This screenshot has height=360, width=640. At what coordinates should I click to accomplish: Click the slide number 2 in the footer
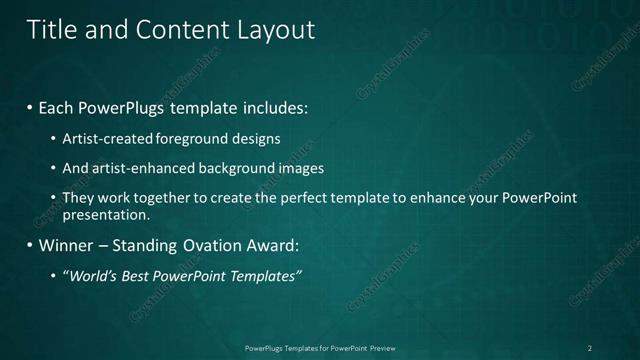590,348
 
